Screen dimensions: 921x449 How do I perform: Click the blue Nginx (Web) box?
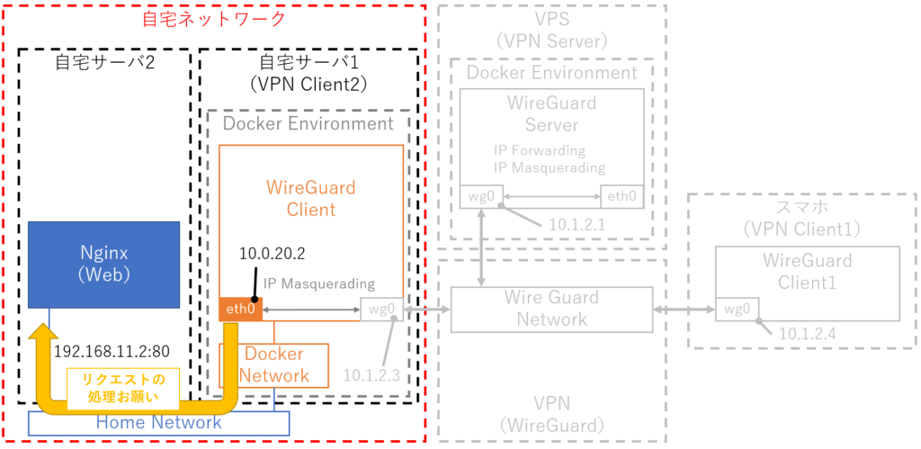tap(104, 265)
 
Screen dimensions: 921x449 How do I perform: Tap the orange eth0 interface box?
tap(241, 310)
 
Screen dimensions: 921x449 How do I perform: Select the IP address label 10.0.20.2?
tap(273, 255)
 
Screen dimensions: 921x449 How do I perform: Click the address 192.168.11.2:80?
tap(112, 352)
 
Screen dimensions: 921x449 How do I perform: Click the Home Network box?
tap(159, 423)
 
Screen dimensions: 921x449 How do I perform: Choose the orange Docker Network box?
tap(273, 365)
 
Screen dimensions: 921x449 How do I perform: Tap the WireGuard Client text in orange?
tap(311, 199)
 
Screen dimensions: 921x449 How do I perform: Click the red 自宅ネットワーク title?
tap(214, 18)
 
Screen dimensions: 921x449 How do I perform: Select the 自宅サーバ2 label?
tap(105, 62)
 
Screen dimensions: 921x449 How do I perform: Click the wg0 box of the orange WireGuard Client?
tap(381, 310)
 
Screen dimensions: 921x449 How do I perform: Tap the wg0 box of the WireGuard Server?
tap(480, 196)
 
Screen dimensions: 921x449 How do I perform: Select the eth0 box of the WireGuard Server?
tap(622, 196)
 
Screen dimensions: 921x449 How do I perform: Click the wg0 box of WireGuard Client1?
tap(738, 310)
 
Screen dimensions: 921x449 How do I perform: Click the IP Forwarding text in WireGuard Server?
tap(540, 150)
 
